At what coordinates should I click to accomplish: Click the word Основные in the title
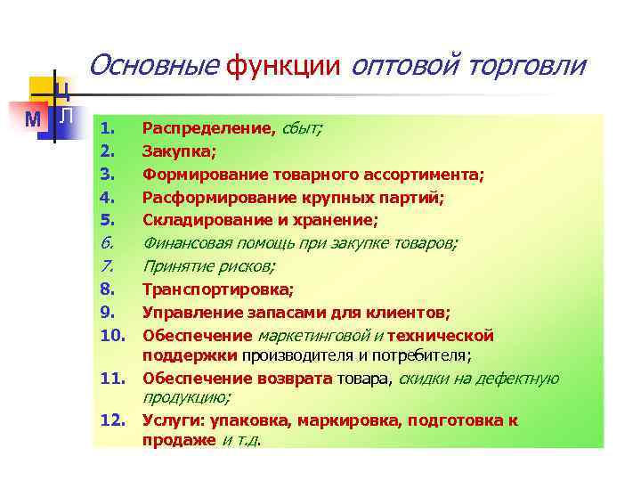tap(154, 65)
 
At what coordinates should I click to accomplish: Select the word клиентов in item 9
tap(412, 313)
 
